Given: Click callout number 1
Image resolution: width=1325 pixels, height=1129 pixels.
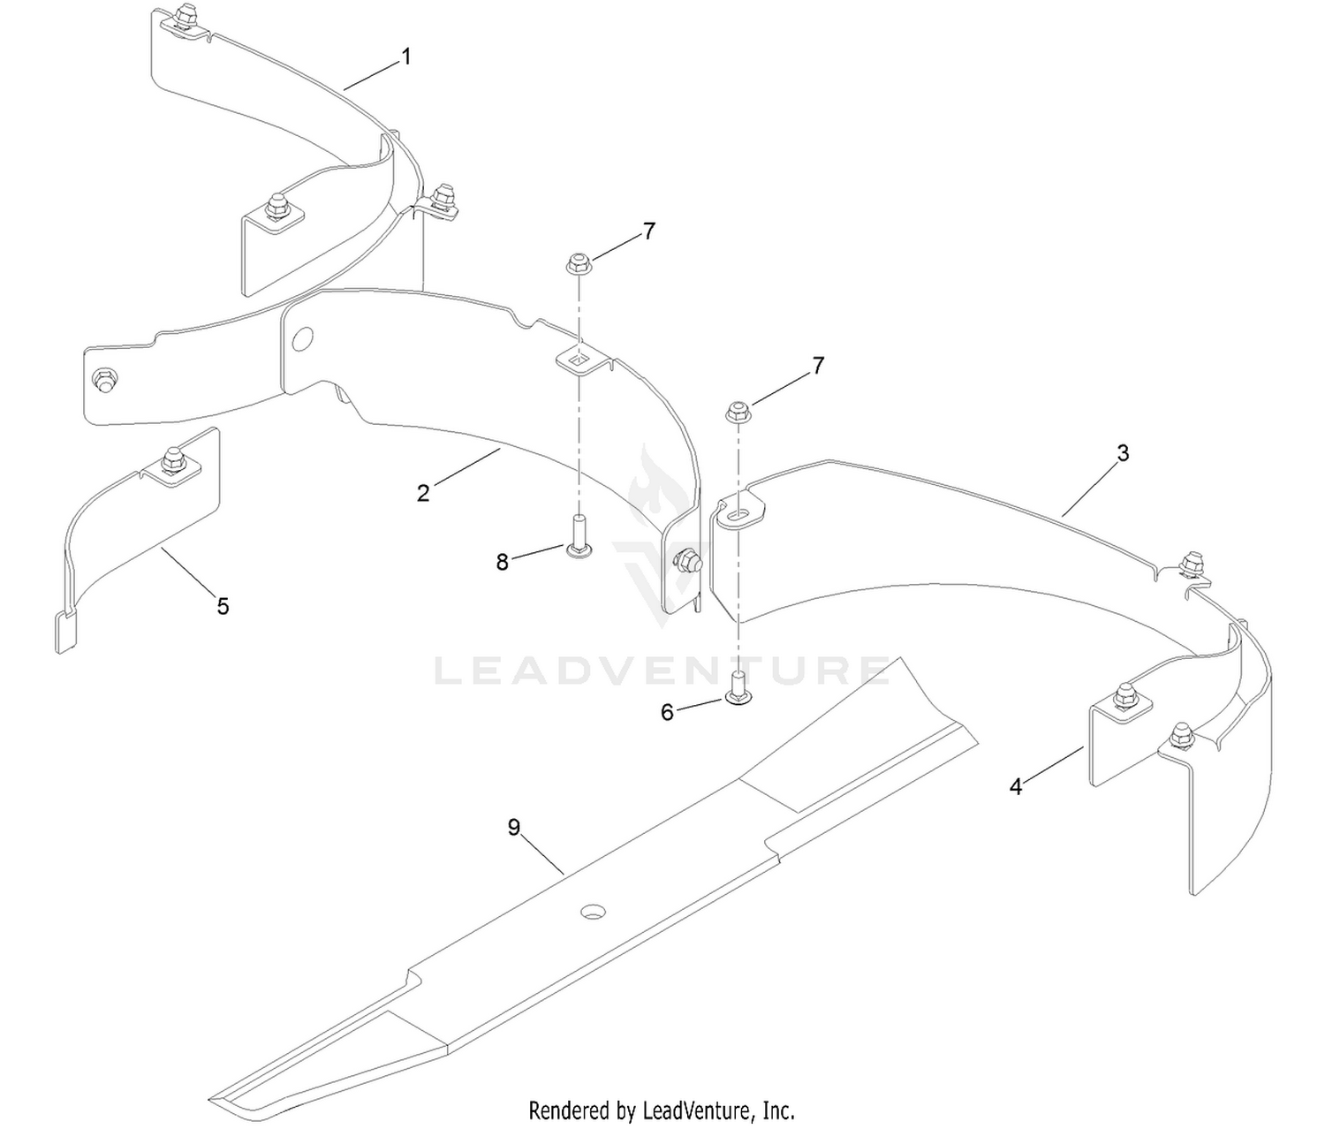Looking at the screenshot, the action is [x=405, y=57].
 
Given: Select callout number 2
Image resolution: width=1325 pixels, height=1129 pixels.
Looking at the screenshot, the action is [x=423, y=493].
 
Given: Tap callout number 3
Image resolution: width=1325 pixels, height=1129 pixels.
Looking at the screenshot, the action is [x=1123, y=453].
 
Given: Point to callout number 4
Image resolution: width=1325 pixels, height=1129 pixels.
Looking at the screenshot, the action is [x=1015, y=786].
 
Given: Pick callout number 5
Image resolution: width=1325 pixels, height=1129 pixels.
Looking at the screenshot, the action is [x=223, y=606].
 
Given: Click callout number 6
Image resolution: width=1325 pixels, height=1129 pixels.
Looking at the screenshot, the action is [x=667, y=712].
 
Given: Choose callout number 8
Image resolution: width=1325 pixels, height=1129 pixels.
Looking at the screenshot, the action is [x=502, y=562].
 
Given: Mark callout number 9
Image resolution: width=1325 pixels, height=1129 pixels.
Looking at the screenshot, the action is [x=513, y=828].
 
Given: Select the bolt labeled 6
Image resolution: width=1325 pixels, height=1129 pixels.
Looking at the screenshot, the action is [x=738, y=689].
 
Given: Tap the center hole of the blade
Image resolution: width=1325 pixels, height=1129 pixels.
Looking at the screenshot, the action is [x=593, y=912].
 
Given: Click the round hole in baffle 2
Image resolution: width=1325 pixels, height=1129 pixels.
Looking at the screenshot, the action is [x=303, y=339].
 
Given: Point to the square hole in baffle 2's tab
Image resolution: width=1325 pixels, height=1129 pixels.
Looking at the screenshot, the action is [x=579, y=361].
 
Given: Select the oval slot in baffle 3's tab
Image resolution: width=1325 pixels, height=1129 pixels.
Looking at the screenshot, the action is [x=738, y=513].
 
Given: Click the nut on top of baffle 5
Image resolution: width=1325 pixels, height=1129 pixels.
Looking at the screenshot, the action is [x=171, y=459].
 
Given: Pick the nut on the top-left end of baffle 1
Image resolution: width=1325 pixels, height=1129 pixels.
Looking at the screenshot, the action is [x=188, y=15].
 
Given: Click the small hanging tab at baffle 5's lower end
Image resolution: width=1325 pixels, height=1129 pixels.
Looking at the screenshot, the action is [x=66, y=633].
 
